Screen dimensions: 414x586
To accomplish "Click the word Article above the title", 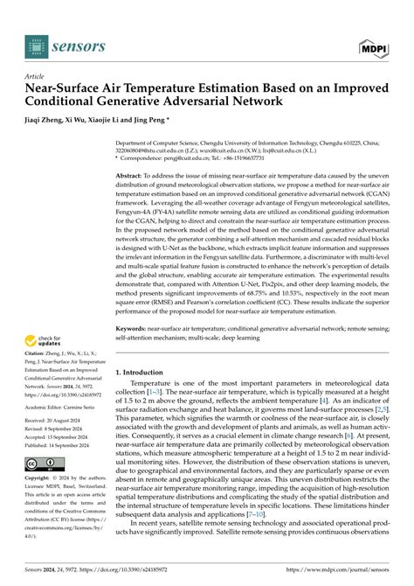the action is pos(37,76).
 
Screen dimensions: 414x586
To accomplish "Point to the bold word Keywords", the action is pos(133,305).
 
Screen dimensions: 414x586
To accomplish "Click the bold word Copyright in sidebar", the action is pos(44,478).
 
